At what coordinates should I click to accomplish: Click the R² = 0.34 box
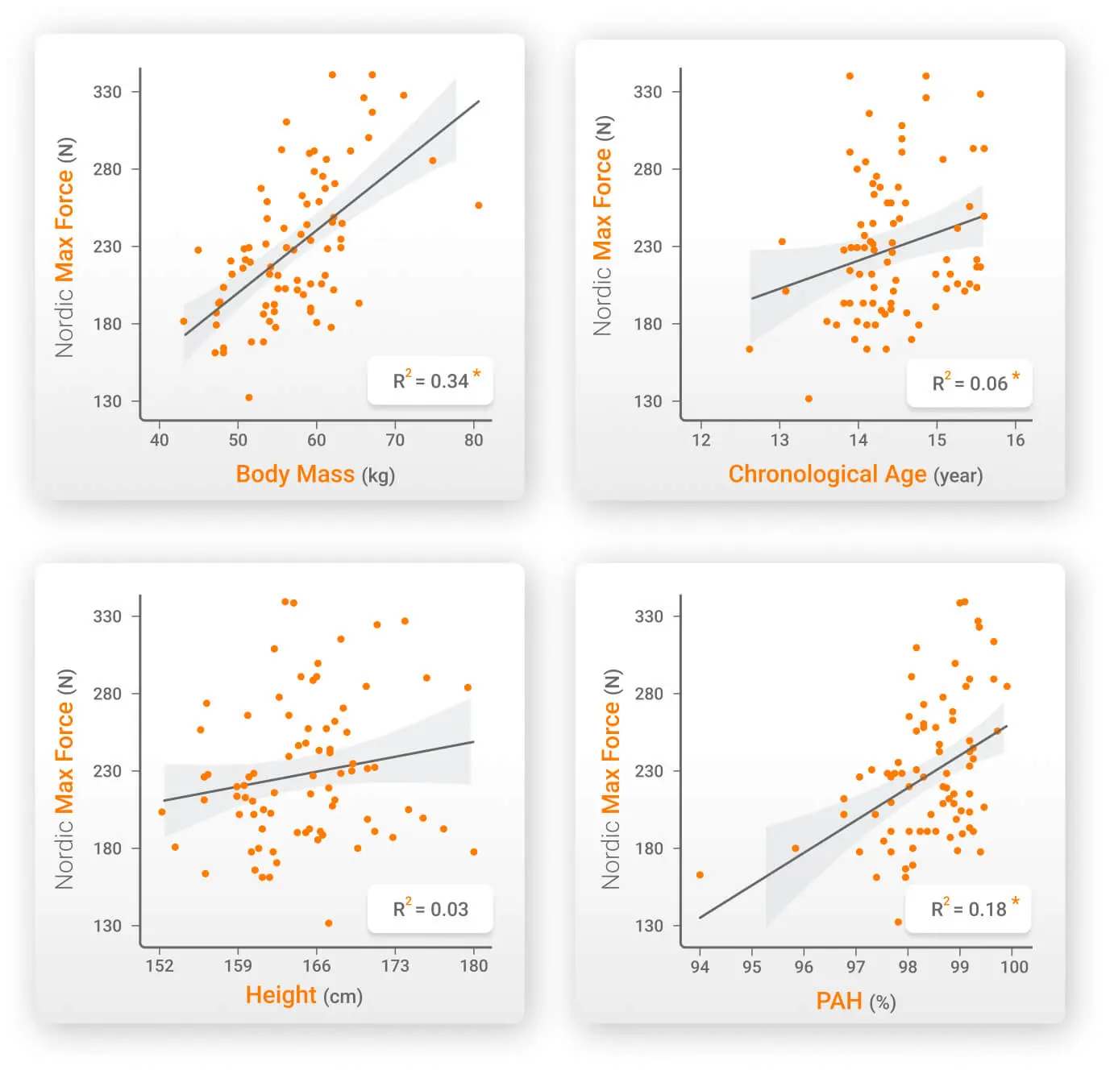coord(430,380)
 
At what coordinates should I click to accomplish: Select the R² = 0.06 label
coord(970,383)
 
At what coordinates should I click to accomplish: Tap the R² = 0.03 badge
coord(430,909)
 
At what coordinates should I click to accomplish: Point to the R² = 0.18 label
coord(968,909)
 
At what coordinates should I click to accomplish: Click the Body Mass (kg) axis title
coord(315,474)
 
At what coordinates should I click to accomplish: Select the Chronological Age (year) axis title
coord(855,474)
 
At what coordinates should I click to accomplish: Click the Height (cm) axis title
coord(304,995)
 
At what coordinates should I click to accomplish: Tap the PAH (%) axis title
coord(855,1001)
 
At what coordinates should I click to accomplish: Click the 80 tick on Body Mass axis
coord(473,440)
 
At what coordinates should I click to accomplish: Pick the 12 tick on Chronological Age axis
coord(701,440)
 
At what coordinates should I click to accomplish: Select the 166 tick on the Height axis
coord(316,965)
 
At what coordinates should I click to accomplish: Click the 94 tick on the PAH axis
coord(700,966)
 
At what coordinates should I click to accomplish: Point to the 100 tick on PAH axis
coord(1013,966)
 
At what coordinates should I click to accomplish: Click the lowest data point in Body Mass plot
coord(249,397)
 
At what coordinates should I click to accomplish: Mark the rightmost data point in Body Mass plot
coord(479,205)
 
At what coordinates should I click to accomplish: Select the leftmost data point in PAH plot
coord(700,875)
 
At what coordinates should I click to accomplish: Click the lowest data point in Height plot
coord(328,923)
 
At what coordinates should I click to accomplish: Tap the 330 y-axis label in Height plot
coord(107,616)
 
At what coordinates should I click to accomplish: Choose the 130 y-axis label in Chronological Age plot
coord(647,401)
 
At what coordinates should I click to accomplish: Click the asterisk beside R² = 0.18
coord(1016,901)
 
